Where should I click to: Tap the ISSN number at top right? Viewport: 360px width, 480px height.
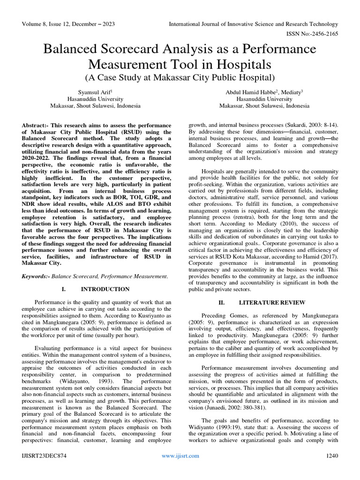point(311,34)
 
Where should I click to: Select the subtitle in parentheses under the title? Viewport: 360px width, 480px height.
point(180,76)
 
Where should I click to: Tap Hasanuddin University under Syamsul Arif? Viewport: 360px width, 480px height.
point(95,99)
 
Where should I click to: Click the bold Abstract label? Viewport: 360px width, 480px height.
point(36,126)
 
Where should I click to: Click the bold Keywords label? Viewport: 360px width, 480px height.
point(36,277)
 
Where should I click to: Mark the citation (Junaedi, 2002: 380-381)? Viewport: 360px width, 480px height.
point(244,408)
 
